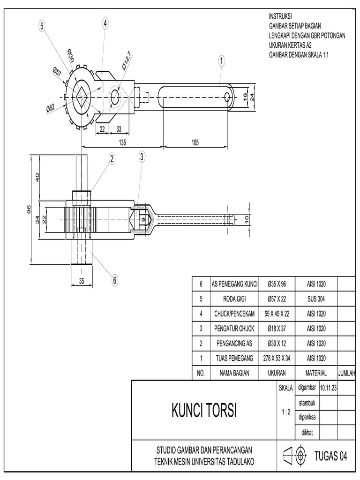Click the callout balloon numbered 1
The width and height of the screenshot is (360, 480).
click(x=221, y=60)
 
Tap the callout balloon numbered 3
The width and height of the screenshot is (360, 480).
click(x=142, y=157)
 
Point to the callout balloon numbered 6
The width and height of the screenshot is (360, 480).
click(x=114, y=280)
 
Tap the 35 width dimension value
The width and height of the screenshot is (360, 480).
click(x=82, y=281)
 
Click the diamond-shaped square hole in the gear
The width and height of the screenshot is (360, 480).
click(x=82, y=97)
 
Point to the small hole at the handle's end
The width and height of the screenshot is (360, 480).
click(x=227, y=97)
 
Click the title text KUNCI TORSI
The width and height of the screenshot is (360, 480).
click(x=204, y=412)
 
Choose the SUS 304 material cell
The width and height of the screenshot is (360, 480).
click(x=316, y=299)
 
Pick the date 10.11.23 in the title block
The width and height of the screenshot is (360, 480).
click(x=330, y=388)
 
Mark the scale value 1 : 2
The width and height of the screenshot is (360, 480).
click(x=286, y=412)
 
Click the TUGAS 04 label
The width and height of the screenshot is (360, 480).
click(x=331, y=456)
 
